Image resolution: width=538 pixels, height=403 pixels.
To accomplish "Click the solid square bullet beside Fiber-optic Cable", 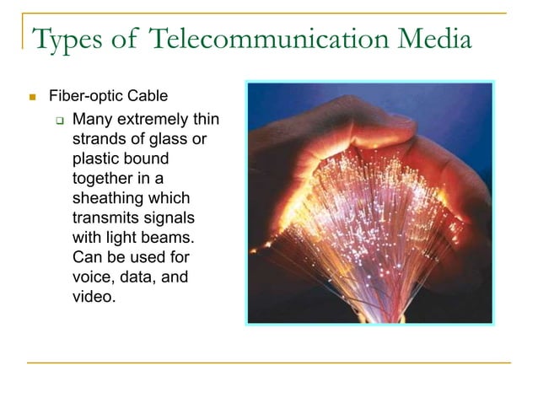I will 33,97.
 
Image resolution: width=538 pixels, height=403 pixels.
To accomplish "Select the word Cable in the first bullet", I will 148,96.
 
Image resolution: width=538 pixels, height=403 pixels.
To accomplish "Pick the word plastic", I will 96,159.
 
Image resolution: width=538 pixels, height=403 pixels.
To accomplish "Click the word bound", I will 152,159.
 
